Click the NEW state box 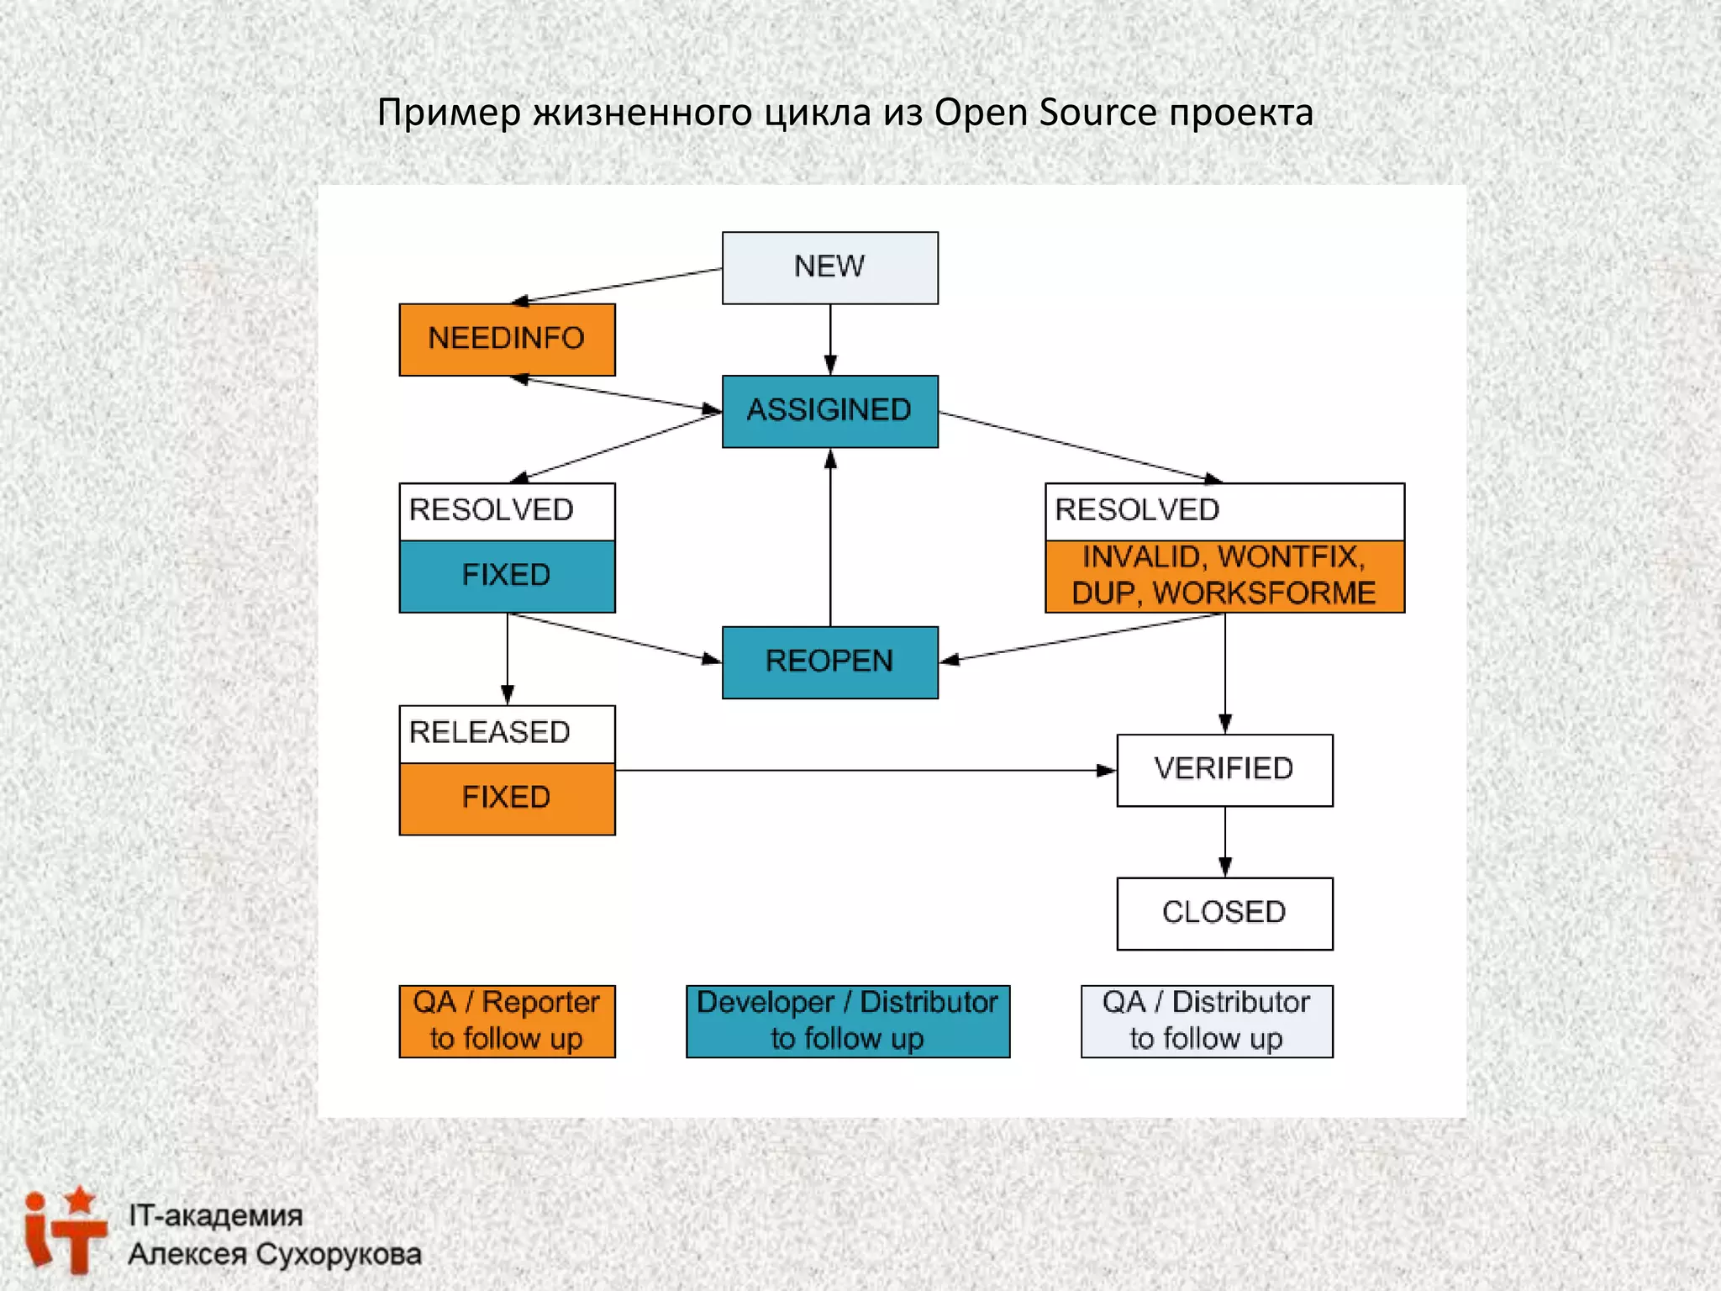[829, 267]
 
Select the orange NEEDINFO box [507, 339]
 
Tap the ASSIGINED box [829, 411]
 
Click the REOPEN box [829, 661]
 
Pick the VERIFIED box [1224, 769]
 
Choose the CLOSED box [1224, 913]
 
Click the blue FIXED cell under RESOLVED [507, 576]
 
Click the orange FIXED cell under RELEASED [507, 798]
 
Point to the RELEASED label [490, 733]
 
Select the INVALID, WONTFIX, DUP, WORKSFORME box [1224, 576]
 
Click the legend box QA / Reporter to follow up [507, 1020]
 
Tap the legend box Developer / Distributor [847, 1020]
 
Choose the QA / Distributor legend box [1206, 1020]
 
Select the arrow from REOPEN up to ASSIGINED [830, 538]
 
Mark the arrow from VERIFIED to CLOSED [1225, 841]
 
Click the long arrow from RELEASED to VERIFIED [866, 770]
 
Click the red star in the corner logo [80, 1199]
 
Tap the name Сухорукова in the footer [338, 1254]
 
